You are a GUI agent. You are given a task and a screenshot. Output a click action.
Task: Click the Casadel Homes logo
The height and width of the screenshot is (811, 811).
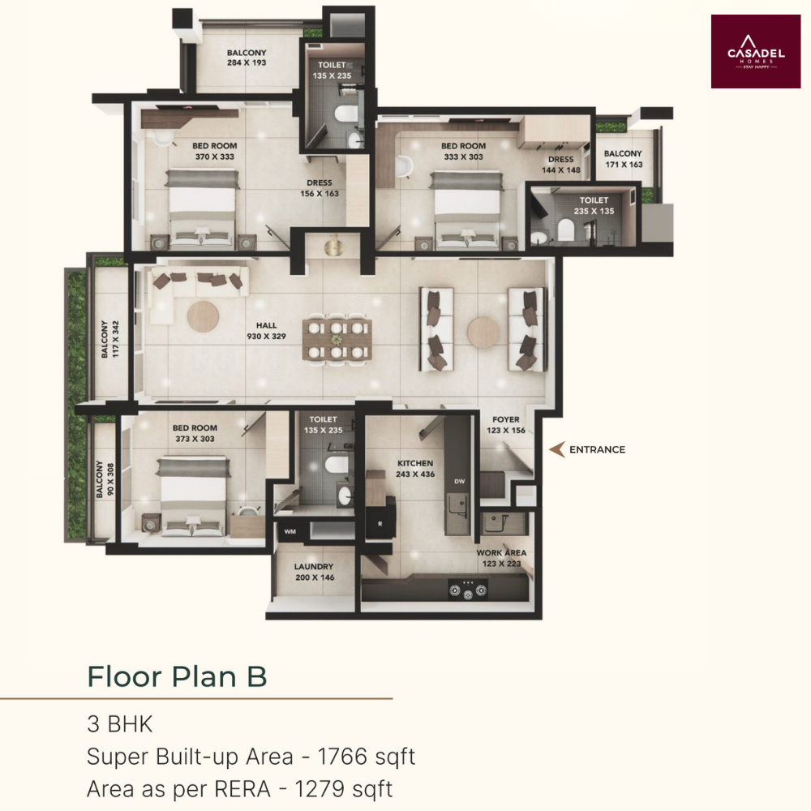pos(756,51)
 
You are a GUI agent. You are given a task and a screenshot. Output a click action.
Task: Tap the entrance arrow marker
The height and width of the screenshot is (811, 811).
pos(557,449)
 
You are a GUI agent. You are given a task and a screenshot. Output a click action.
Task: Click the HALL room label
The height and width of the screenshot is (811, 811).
pos(266,325)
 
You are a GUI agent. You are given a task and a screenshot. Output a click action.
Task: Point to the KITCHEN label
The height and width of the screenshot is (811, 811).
pos(415,463)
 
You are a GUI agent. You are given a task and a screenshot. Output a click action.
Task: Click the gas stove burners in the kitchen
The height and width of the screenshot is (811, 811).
pos(468,590)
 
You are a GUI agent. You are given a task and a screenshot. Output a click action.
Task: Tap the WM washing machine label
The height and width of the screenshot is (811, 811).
pos(290,531)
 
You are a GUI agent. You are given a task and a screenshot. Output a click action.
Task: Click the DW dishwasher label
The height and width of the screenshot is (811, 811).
pos(459,481)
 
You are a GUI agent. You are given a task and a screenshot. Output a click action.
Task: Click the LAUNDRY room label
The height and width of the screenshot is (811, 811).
pos(314,566)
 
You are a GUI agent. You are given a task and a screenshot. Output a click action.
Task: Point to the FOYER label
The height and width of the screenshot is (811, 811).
pos(506,419)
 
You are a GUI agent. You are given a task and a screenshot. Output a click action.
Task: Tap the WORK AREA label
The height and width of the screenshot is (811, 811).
pos(501,552)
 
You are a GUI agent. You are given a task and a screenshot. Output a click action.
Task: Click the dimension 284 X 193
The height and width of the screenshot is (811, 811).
pos(247,62)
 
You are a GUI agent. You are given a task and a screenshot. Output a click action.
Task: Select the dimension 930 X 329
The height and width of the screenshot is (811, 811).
pos(266,337)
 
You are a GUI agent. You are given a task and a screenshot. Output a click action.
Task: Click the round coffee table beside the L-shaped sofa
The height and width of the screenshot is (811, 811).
pos(203,316)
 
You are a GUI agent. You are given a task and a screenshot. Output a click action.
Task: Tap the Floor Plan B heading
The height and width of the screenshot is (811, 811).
pos(177,676)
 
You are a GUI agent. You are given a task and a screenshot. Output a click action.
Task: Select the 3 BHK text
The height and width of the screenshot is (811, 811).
pos(120,724)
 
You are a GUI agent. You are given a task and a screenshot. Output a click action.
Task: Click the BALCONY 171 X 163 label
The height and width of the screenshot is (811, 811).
pos(623,159)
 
